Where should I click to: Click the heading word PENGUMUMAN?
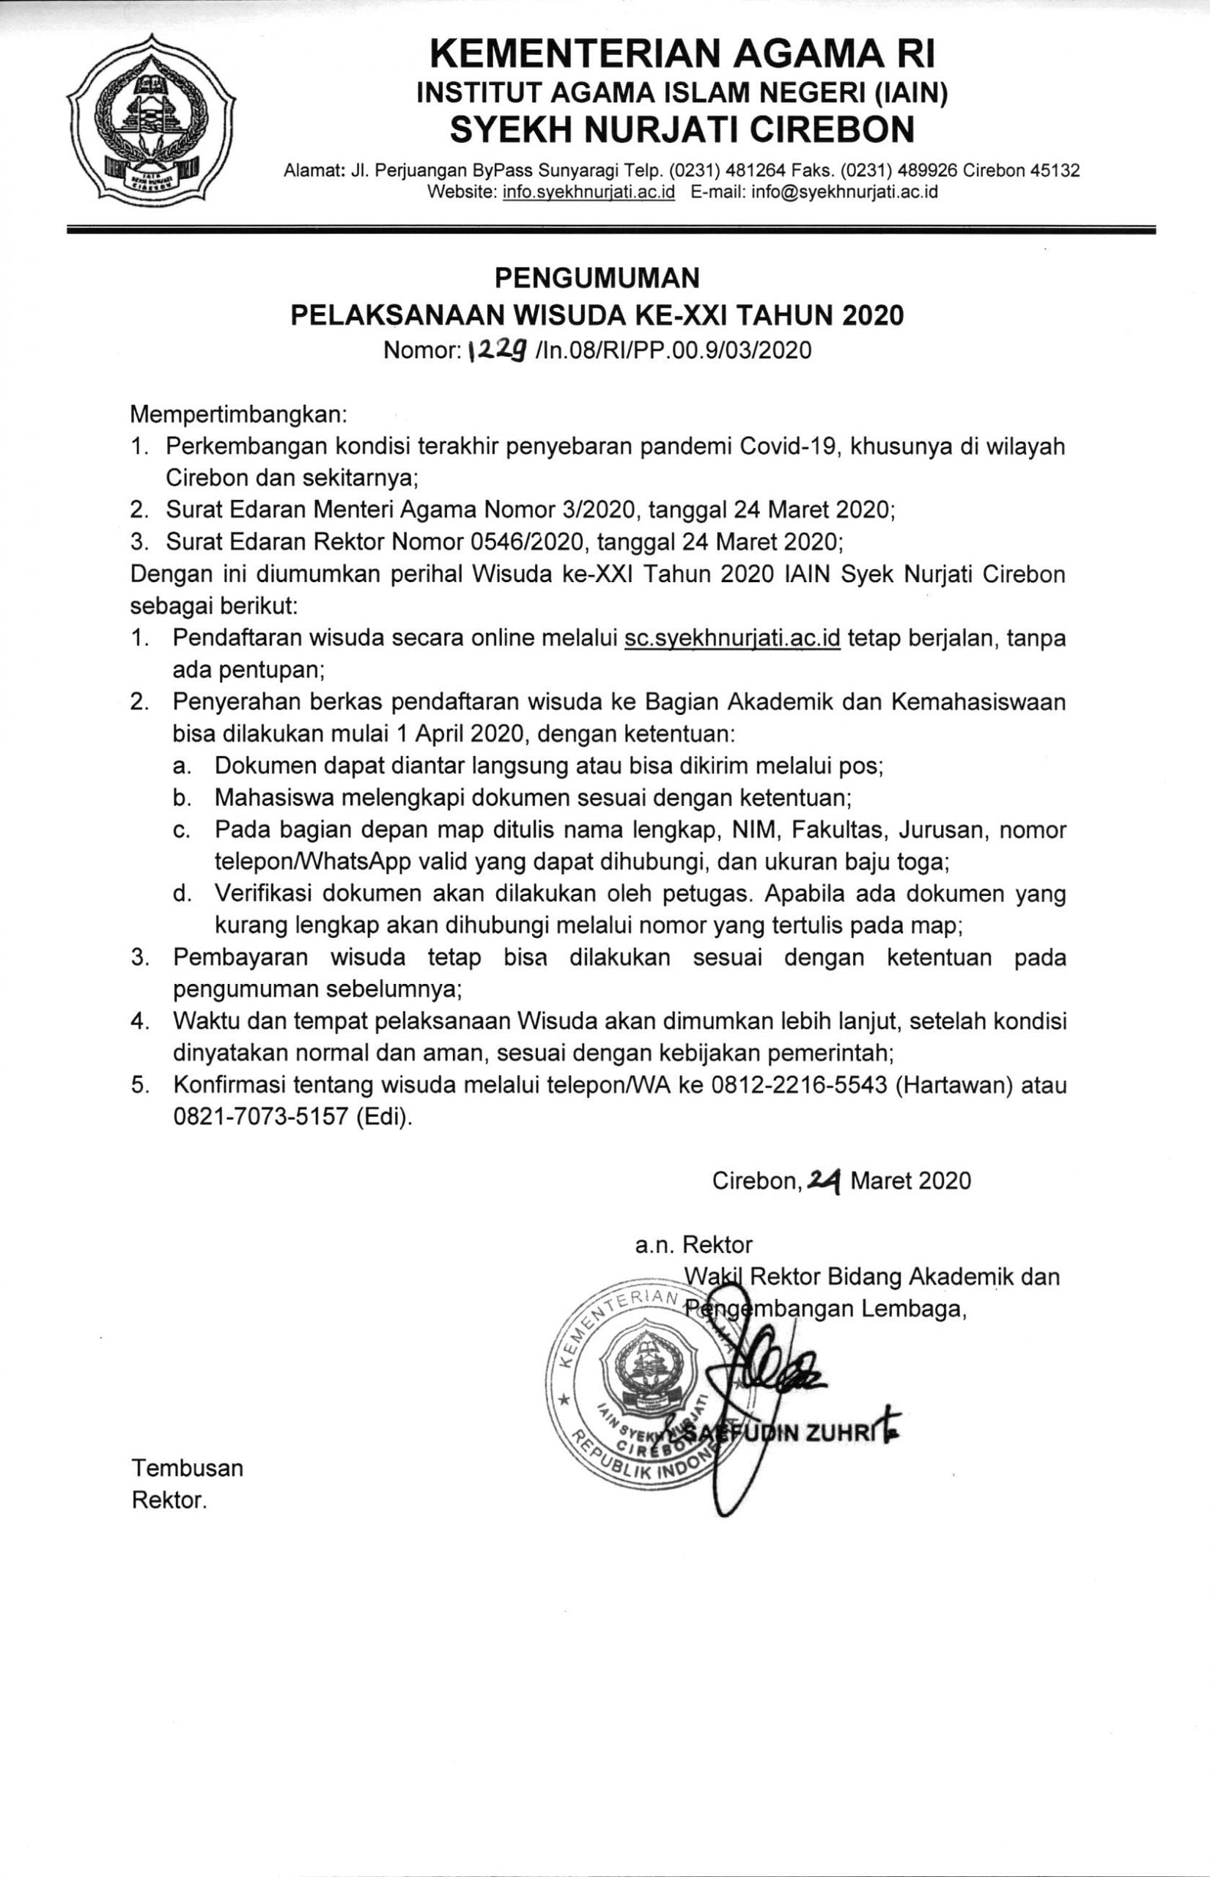(597, 276)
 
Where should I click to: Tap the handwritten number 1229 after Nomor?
(497, 350)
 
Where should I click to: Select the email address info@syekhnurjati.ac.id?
(844, 192)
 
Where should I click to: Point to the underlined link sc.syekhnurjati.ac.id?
(732, 638)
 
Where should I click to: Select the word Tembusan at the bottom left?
(187, 1467)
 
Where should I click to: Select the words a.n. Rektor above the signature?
(694, 1244)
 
